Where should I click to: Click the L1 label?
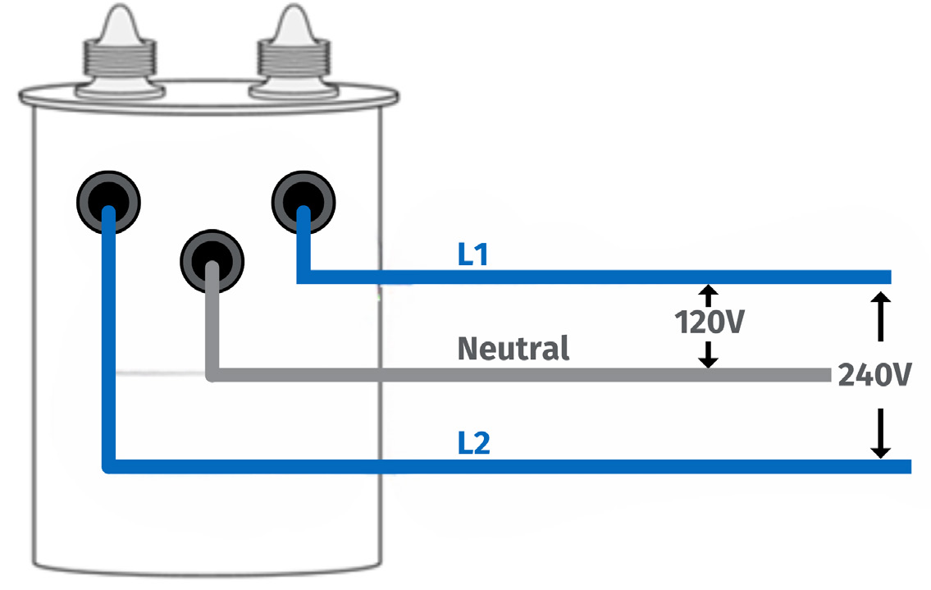(472, 255)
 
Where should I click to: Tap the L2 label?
(473, 444)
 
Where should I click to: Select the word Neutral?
(513, 349)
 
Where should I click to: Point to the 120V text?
(710, 322)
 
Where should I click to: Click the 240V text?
(874, 375)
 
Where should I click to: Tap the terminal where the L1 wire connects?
(303, 200)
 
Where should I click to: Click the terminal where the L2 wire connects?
(108, 202)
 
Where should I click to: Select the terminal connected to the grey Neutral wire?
(212, 260)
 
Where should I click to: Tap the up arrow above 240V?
(880, 301)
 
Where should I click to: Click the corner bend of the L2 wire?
(109, 466)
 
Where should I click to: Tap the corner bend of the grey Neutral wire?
(212, 375)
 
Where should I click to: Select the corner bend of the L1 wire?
(303, 277)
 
